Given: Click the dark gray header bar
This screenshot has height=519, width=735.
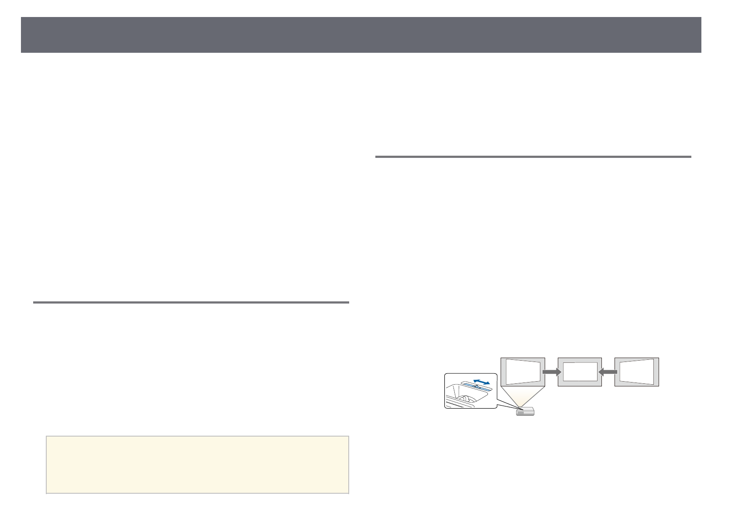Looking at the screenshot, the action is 361,35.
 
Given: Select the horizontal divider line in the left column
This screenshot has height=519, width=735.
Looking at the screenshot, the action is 191,302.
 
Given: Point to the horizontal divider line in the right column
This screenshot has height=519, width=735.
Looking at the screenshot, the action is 533,157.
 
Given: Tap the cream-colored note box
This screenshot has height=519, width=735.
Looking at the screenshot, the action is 197,464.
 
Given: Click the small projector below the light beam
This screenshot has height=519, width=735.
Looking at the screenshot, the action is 525,411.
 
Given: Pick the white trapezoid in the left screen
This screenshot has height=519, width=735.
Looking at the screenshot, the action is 522,372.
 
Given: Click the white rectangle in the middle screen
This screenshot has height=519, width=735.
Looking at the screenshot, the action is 580,372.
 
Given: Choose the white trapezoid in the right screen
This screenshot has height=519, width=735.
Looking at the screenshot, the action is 637,372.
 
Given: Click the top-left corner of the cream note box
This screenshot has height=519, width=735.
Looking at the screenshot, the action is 46,436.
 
